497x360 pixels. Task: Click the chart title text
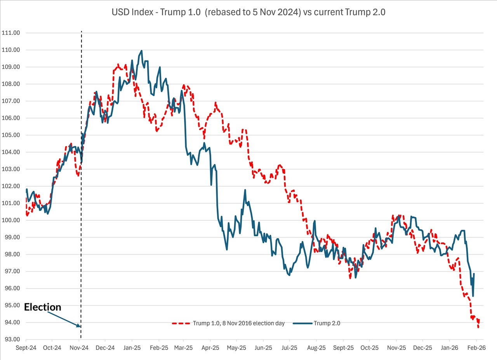point(248,12)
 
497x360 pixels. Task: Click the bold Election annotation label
point(43,307)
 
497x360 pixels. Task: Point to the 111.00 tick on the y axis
point(11,33)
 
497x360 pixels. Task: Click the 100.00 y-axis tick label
point(11,220)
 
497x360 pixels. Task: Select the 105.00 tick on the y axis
point(11,135)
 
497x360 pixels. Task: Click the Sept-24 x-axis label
point(26,348)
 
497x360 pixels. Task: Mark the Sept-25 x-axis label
point(343,348)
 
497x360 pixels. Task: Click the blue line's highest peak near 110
point(141,50)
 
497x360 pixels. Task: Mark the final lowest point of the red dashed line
point(478,328)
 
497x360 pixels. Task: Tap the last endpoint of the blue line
point(474,273)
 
